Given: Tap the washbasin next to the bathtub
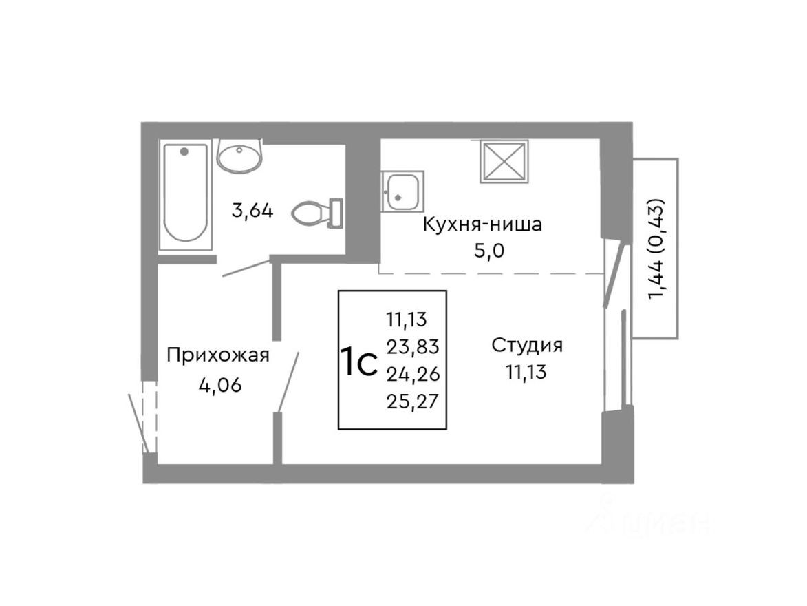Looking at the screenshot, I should point(239,155).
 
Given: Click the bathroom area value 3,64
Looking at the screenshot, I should point(252,211).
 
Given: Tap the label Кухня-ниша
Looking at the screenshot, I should point(482,224).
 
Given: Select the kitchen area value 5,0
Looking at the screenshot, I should point(489,251).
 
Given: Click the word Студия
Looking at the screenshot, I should point(527,346).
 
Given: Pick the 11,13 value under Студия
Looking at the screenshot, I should point(526,373).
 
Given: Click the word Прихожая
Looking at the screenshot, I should point(218,356).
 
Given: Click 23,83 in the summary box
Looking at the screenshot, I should point(413,346).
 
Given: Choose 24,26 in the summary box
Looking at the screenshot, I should point(413,373).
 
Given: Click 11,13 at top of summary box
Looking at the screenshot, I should point(407,320).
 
